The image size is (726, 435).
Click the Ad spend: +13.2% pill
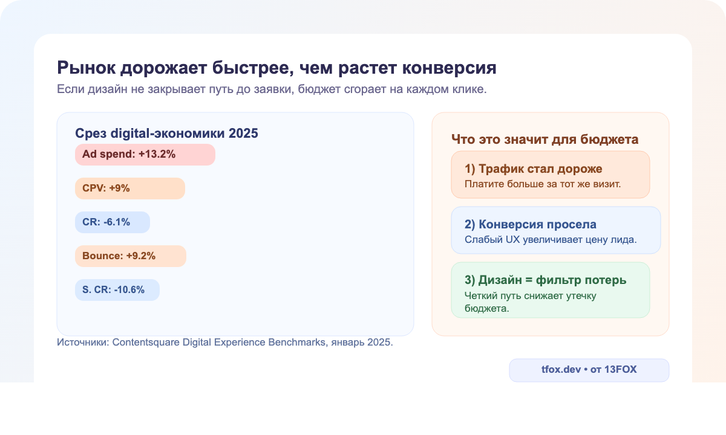tap(145, 154)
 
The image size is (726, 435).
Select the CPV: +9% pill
tap(129, 188)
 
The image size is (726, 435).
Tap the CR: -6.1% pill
tap(112, 222)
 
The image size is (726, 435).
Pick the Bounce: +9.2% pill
tap(130, 256)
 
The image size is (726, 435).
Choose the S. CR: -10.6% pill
tap(117, 289)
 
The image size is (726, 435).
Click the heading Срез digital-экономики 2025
tap(166, 134)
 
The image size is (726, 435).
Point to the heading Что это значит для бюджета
tap(545, 140)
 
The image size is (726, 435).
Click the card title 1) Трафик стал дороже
tap(533, 169)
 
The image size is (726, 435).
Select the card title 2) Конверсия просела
tap(531, 224)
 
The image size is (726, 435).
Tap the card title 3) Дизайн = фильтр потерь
tap(545, 280)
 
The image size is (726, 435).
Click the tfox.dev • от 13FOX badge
tap(589, 370)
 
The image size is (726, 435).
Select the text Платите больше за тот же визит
tap(543, 183)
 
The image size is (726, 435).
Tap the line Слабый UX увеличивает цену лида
tap(551, 239)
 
